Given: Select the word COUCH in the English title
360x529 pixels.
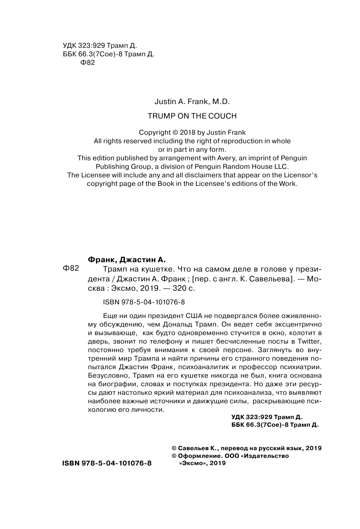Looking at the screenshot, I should click(221, 116).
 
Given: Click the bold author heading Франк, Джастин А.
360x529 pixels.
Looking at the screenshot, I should click(126, 260).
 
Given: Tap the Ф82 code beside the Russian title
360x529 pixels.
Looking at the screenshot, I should click(71, 268).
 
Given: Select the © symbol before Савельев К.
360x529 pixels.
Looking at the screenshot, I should click(173, 448).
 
